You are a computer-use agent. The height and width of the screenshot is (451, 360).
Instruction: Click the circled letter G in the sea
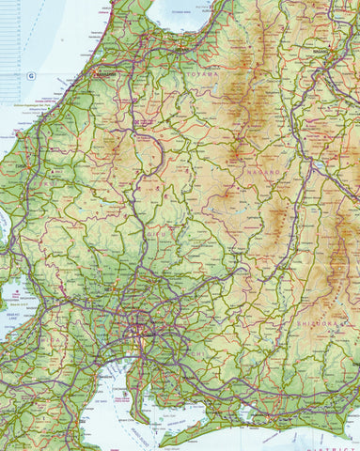[29, 73]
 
